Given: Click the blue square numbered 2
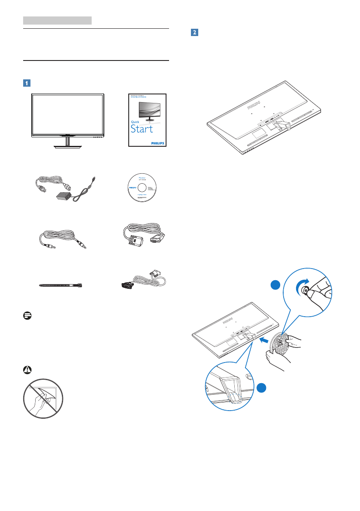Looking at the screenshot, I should [x=194, y=33].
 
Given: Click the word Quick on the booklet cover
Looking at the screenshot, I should [x=136, y=122].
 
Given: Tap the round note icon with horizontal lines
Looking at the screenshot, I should [x=27, y=315].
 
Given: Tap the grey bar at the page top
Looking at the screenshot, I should [x=57, y=20].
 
